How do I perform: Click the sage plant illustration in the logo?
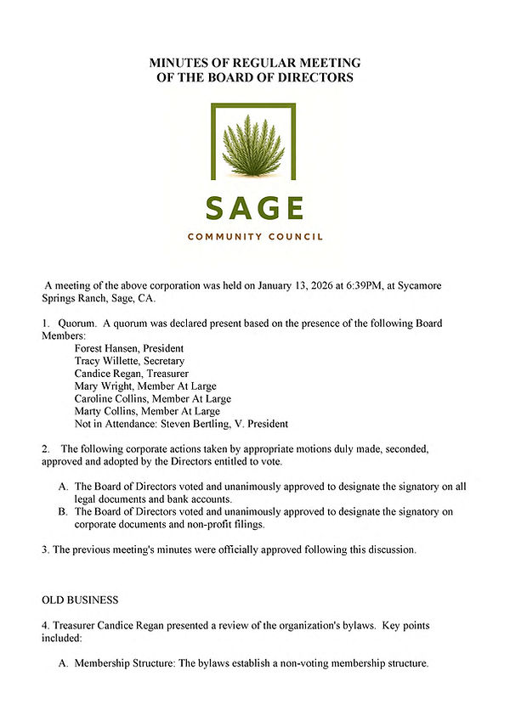[252, 146]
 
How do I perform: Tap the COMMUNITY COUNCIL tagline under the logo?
[254, 237]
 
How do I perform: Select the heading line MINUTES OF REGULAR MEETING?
[255, 64]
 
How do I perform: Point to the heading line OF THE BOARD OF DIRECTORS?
[255, 78]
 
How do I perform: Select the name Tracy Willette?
[108, 361]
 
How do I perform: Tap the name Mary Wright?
[103, 386]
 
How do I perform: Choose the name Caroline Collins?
[110, 398]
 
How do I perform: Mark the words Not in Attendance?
[115, 424]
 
